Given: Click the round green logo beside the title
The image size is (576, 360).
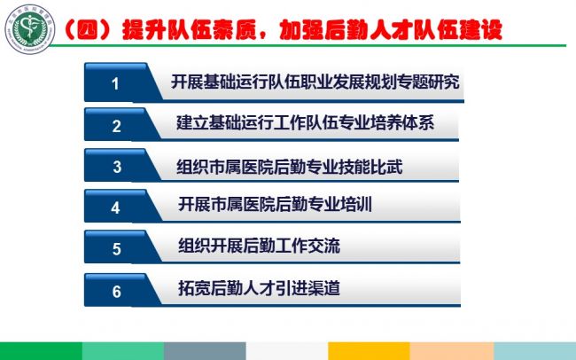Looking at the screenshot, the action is point(30,29).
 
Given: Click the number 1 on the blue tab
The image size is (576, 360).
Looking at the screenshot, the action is point(115,84).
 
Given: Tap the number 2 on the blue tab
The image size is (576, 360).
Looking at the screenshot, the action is point(116,126).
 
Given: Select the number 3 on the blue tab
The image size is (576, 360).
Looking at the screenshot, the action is point(117,167).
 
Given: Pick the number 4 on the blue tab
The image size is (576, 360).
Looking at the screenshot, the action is point(116,207).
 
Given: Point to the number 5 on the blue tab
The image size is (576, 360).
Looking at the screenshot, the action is point(116,249).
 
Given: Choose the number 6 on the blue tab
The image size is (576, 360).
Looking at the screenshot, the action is point(116,292).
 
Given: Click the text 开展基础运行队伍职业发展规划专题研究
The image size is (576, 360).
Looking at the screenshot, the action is point(315,82).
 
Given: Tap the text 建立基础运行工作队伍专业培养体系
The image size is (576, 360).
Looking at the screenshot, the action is point(305,122).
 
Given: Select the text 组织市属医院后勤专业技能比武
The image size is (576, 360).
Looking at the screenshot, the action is point(290,167).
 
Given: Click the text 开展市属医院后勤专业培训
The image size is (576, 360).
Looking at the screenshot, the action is point(275,204).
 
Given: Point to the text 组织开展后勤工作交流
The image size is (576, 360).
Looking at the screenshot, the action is point(259,246).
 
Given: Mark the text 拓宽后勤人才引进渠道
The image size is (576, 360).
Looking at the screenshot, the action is point(259,288).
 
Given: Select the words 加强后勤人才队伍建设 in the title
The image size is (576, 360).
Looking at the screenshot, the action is point(391,29).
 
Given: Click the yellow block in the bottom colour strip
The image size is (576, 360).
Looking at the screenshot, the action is point(369,351).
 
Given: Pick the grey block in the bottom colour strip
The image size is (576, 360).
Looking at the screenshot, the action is point(205,351).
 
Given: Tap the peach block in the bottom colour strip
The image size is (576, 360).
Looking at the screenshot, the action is point(452,351).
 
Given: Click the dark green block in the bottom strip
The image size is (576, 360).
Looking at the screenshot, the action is point(41,351).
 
